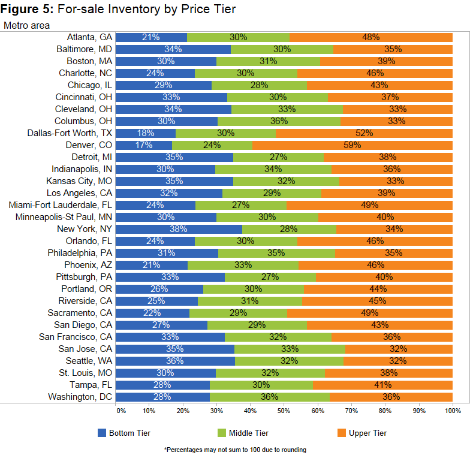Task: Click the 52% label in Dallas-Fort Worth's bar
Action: (x=364, y=133)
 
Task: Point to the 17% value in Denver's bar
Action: (x=144, y=145)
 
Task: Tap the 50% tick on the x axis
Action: (x=284, y=411)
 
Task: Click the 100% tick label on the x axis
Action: (x=453, y=411)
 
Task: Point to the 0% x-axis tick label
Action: (x=120, y=411)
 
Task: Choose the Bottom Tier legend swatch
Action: (x=101, y=433)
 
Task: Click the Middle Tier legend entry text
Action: (x=249, y=433)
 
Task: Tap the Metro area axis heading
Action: (x=27, y=25)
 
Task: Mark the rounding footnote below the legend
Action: (x=234, y=450)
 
